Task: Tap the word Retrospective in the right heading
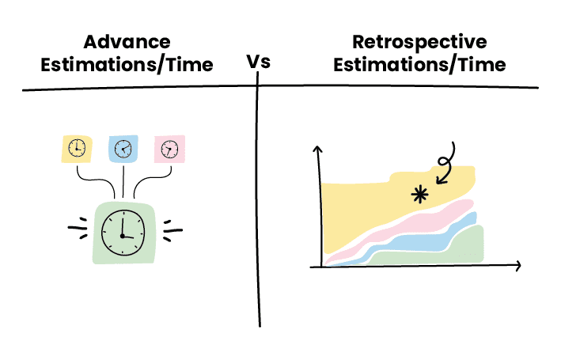click(419, 42)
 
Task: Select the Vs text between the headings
click(259, 62)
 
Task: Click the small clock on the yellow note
click(77, 148)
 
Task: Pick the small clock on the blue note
click(123, 148)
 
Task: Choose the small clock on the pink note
click(169, 148)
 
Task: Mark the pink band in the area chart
click(396, 230)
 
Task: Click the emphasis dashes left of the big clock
click(78, 232)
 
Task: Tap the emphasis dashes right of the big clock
click(172, 232)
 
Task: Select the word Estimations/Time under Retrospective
click(419, 65)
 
